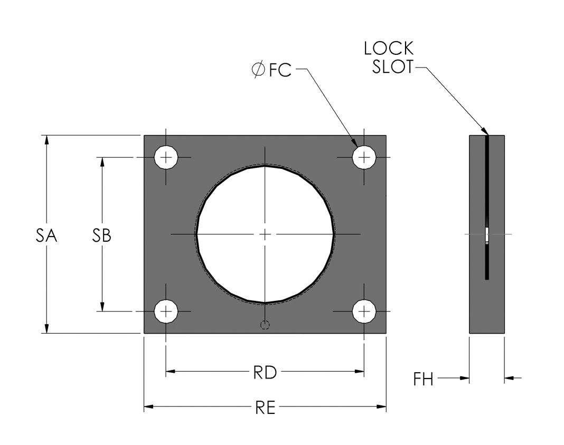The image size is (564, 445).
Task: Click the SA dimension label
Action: coord(46,236)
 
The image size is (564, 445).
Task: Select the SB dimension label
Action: coord(102,236)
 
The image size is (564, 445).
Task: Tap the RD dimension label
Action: coord(265,373)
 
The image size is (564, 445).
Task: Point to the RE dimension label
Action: coord(265,408)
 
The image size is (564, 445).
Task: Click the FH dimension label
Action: coord(424,379)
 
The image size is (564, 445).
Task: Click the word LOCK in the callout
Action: coord(389,49)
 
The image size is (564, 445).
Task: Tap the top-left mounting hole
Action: coord(166,157)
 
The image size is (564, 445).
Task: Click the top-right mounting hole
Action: coord(364,157)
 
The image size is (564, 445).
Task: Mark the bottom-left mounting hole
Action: coord(166,311)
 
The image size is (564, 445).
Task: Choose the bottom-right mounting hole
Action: coord(364,311)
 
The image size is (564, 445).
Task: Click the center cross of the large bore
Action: coord(265,234)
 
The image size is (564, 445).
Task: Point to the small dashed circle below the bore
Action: coord(265,325)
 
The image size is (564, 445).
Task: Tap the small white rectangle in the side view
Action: coord(486,234)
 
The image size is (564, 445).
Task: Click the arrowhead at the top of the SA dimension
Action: coord(47,140)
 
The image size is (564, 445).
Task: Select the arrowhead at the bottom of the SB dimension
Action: coord(102,307)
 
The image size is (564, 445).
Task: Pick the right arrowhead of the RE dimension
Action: coord(382,406)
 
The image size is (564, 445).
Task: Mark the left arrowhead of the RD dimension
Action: coord(171,372)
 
